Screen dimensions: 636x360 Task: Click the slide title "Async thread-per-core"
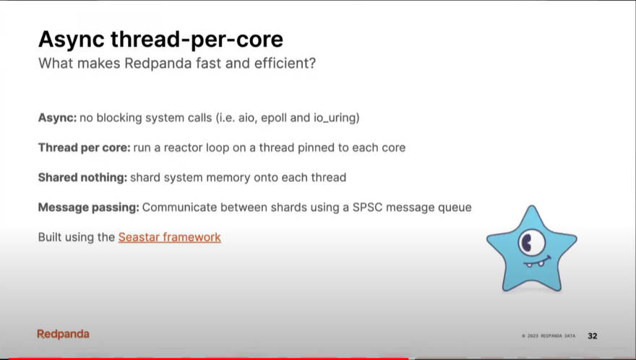pyautogui.click(x=160, y=39)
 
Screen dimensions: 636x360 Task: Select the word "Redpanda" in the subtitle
pyautogui.click(x=158, y=64)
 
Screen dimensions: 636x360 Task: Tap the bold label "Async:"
pyautogui.click(x=57, y=118)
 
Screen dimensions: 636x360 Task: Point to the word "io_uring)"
pyautogui.click(x=336, y=118)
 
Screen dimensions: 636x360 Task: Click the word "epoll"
pyautogui.click(x=274, y=118)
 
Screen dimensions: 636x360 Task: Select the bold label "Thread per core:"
pyautogui.click(x=85, y=147)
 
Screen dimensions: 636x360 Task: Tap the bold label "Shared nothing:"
pyautogui.click(x=82, y=178)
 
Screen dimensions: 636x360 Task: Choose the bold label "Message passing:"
pyautogui.click(x=88, y=207)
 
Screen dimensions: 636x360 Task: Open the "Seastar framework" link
pyautogui.click(x=170, y=237)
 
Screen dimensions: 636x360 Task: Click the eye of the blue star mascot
pyautogui.click(x=531, y=242)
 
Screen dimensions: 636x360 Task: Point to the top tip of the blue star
pyautogui.click(x=531, y=206)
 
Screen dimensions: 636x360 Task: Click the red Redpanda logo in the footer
pyautogui.click(x=64, y=334)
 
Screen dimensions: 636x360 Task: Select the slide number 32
pyautogui.click(x=592, y=336)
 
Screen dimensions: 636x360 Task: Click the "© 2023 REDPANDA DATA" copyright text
pyautogui.click(x=549, y=336)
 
